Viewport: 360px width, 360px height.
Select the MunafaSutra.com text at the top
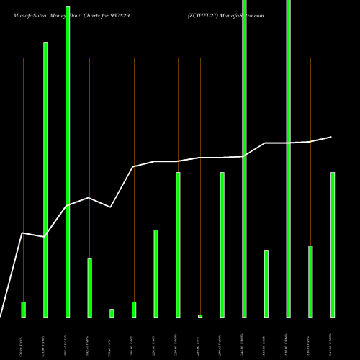click(x=244, y=15)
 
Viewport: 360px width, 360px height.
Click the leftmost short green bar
click(x=23, y=309)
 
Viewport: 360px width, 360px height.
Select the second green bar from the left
click(x=45, y=179)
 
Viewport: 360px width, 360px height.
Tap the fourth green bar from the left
click(x=89, y=287)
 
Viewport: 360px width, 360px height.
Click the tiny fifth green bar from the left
click(x=112, y=312)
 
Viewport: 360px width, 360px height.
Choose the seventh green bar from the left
click(x=156, y=273)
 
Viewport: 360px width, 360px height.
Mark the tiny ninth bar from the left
click(x=200, y=315)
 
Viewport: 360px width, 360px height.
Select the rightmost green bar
click(x=333, y=244)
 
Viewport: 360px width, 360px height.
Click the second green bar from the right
click(x=310, y=281)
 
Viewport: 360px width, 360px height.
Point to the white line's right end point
click(x=332, y=137)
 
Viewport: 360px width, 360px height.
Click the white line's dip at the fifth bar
click(x=111, y=207)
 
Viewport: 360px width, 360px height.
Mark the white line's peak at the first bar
click(x=23, y=233)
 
